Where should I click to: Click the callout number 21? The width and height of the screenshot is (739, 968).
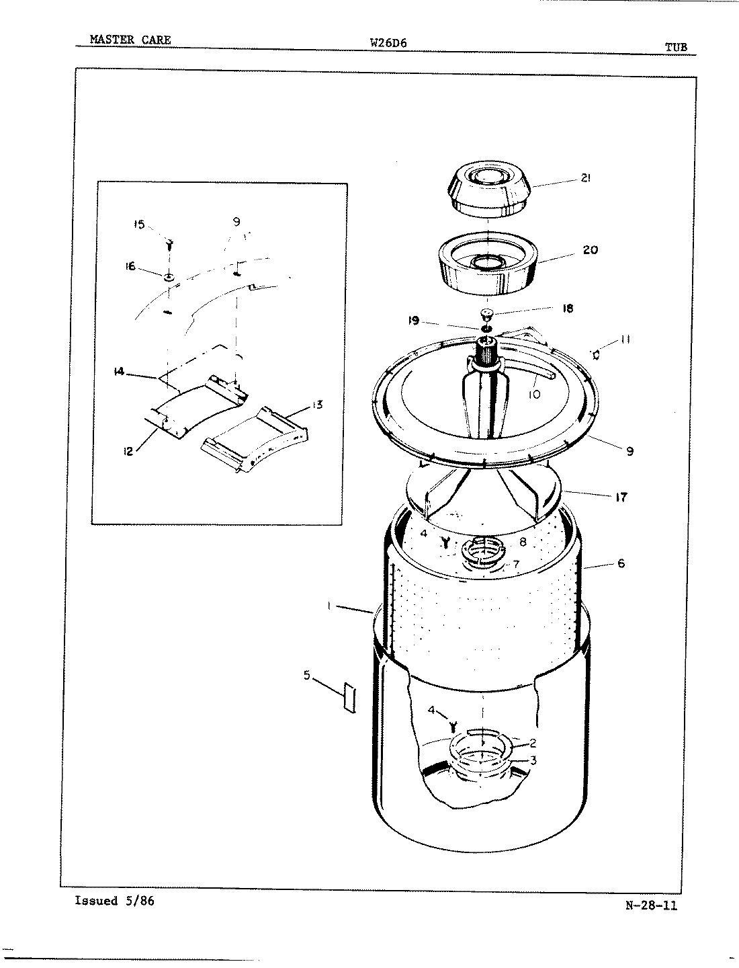[585, 178]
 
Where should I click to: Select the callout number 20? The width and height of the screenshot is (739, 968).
[591, 249]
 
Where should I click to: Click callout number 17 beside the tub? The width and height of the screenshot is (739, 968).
[621, 497]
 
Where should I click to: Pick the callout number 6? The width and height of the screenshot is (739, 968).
[621, 563]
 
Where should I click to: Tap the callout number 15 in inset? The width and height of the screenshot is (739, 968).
[138, 225]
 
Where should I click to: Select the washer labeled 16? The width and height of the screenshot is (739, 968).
[169, 276]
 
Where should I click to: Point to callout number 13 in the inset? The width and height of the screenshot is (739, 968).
[318, 404]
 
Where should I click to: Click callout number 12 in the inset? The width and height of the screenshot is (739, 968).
[128, 451]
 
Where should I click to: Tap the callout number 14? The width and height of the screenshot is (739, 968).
[120, 370]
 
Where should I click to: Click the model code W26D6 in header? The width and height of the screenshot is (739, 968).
[389, 42]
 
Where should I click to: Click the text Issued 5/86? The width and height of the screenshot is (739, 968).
[114, 901]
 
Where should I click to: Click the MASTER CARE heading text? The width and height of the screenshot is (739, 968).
[130, 40]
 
